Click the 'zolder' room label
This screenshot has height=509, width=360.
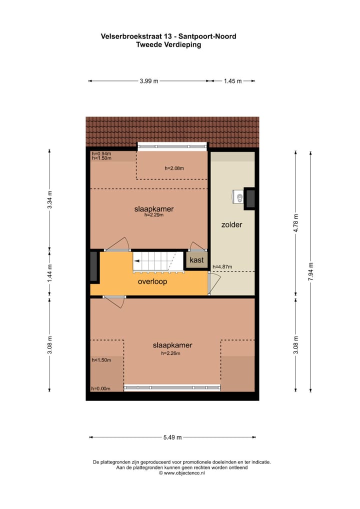[231, 225]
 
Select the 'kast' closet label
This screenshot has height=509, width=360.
[196, 260]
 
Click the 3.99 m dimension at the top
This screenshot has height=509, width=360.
[148, 81]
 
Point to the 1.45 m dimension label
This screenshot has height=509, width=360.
[232, 81]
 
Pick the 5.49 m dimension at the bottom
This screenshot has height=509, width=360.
[172, 437]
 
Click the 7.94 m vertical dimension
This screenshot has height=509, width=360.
[311, 271]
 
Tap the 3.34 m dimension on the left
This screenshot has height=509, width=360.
[49, 200]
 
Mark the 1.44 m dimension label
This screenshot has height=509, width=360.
[49, 273]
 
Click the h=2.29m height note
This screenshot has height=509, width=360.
[153, 215]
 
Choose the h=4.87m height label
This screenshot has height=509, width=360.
[222, 267]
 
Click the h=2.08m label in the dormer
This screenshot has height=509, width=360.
[174, 168]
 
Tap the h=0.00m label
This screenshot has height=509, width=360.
[101, 388]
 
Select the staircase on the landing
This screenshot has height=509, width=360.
[155, 262]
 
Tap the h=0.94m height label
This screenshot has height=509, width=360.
[101, 153]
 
